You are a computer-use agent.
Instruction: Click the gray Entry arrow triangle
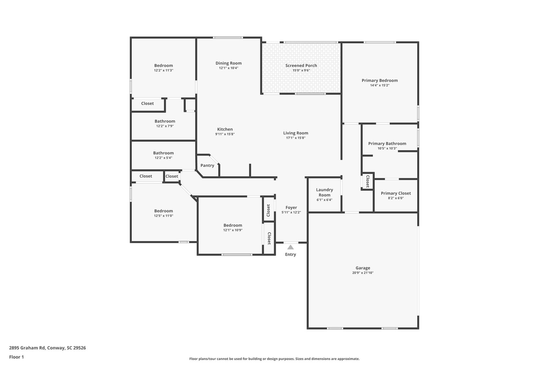290,247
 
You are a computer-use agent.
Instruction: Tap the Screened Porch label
301,66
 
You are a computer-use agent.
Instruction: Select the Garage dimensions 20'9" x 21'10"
363,273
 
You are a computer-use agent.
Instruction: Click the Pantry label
207,165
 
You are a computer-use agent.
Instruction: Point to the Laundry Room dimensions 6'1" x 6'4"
325,200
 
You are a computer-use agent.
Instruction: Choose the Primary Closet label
396,193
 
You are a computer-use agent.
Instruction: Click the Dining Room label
229,63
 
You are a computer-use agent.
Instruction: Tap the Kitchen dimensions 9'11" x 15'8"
225,134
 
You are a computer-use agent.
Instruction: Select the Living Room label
296,133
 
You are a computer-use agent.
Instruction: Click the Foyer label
291,208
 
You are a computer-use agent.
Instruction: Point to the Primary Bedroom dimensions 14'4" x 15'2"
380,85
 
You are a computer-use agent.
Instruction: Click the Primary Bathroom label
387,144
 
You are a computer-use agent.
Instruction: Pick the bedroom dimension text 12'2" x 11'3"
163,70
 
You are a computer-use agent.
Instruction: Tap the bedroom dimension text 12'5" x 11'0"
163,216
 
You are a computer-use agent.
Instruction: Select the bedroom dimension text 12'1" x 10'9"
233,230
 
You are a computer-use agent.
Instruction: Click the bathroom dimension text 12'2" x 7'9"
165,126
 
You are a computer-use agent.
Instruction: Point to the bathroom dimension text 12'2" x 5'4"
163,158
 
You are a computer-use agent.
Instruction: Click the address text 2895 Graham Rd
27,348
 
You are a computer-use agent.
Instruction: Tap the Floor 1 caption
16,357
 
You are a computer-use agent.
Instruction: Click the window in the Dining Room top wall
228,37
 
